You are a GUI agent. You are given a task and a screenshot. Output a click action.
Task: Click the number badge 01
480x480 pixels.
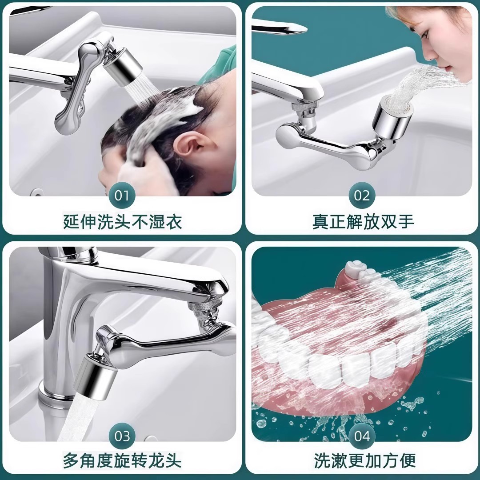[122, 196]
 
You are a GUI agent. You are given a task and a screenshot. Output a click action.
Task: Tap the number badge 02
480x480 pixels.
[362, 196]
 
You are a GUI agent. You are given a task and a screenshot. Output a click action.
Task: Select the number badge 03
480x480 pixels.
[122, 436]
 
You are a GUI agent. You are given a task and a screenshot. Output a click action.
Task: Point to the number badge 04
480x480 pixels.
[362, 436]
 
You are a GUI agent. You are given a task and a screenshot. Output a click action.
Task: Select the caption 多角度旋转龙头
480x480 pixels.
[122, 460]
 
